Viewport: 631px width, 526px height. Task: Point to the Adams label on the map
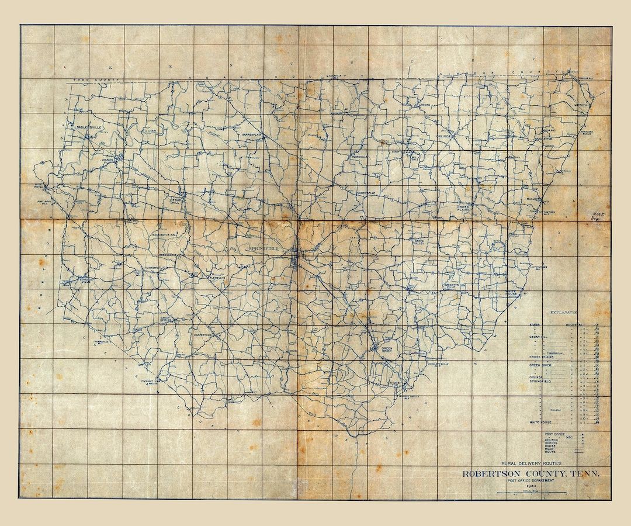tap(107, 159)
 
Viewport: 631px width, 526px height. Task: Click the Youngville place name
tap(359, 157)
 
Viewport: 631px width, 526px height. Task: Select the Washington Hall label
tap(168, 236)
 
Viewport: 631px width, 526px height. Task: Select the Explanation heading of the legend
tap(564, 313)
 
